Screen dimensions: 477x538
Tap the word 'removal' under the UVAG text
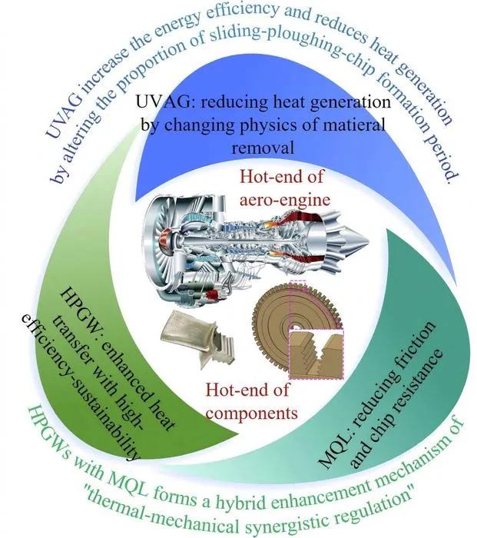pos(263,148)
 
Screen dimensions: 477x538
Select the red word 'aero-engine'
pos(285,199)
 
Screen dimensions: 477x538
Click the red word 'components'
pos(252,413)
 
